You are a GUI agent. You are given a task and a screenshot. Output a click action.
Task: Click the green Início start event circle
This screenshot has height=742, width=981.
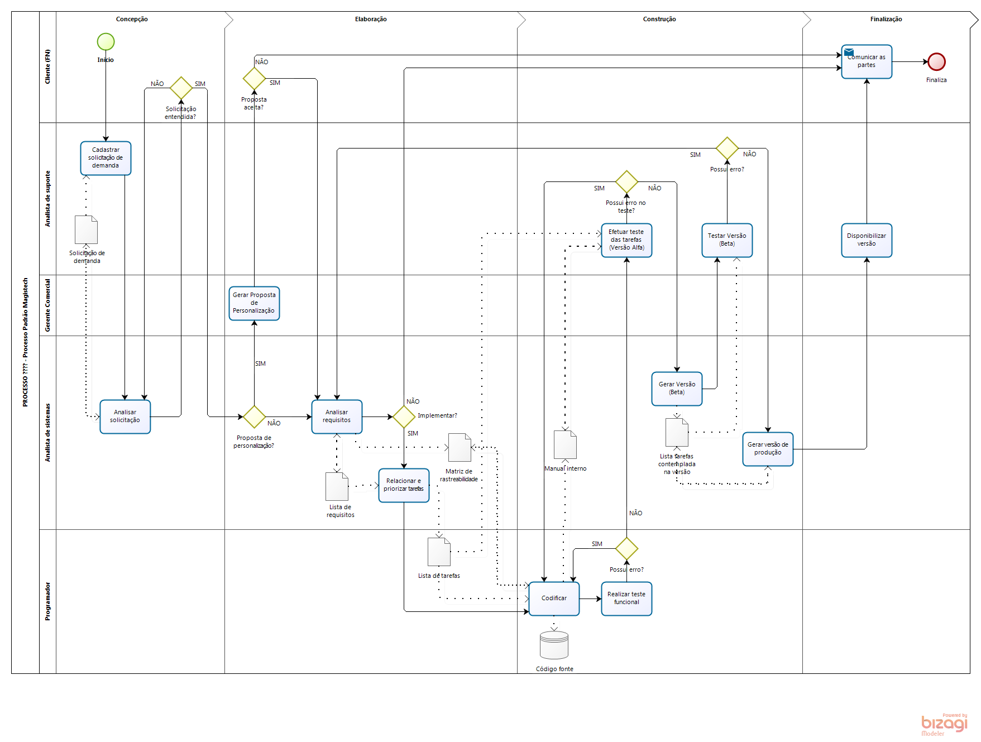(106, 42)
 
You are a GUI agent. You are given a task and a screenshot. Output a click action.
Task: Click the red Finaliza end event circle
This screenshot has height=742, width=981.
(936, 61)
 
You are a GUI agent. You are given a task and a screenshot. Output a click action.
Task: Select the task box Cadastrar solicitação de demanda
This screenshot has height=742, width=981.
(106, 158)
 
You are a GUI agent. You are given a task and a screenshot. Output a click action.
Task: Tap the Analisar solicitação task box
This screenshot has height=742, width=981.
(125, 417)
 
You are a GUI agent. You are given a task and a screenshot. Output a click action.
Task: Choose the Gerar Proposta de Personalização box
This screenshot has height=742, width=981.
(254, 303)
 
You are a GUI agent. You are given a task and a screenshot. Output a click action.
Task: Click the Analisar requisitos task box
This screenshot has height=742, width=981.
(337, 417)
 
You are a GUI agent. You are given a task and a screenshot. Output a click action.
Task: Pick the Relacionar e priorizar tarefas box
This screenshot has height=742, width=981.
(404, 485)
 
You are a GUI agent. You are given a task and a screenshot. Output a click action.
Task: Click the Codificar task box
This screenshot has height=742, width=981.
(554, 599)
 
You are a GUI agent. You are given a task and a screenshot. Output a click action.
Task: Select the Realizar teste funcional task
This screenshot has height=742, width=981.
(626, 599)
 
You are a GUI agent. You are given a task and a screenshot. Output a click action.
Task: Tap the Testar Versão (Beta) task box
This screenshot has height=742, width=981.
(727, 240)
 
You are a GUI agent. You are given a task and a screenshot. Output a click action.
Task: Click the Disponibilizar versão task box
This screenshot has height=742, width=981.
(867, 240)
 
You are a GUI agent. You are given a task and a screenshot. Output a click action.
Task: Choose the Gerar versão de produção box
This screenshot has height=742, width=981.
(768, 449)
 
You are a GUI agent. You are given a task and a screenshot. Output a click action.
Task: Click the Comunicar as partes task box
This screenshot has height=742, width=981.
(867, 61)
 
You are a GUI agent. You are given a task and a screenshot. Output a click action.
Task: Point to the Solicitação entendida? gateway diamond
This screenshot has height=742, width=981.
(181, 88)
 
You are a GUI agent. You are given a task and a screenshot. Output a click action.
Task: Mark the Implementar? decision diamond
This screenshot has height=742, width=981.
(404, 417)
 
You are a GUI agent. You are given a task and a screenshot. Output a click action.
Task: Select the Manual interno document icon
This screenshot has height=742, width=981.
(565, 445)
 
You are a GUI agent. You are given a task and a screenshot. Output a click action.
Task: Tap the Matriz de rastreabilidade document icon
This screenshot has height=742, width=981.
(460, 448)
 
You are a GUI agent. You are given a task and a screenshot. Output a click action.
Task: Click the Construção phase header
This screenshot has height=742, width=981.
(659, 19)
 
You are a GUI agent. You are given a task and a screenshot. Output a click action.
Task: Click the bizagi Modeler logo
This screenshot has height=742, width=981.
(944, 725)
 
